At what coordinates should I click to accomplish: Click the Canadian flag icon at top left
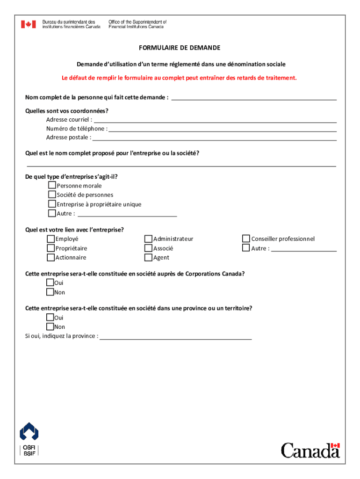(x=28, y=24)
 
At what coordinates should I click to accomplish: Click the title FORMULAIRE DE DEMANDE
(x=180, y=48)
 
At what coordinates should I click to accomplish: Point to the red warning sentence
(x=180, y=78)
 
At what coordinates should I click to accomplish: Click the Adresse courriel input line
(x=215, y=120)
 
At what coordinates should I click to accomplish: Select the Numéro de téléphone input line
(x=223, y=129)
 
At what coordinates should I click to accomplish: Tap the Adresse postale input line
(x=215, y=138)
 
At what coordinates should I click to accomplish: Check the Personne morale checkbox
(x=52, y=186)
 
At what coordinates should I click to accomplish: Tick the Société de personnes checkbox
(x=52, y=195)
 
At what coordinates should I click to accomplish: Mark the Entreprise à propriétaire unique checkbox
(x=52, y=204)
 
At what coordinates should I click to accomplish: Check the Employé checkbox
(x=50, y=239)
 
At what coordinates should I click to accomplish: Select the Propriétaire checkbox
(x=50, y=248)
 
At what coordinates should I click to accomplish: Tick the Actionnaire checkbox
(x=50, y=257)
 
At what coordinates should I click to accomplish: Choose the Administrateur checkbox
(x=149, y=239)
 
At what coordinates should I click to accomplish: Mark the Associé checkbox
(x=149, y=248)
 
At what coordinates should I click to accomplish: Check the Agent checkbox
(x=149, y=257)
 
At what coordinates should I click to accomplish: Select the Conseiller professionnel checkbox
(x=246, y=239)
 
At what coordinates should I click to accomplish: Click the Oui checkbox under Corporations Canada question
(x=50, y=283)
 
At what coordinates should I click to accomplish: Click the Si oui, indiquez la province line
(x=176, y=336)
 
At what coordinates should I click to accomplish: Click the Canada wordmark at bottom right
(x=310, y=450)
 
